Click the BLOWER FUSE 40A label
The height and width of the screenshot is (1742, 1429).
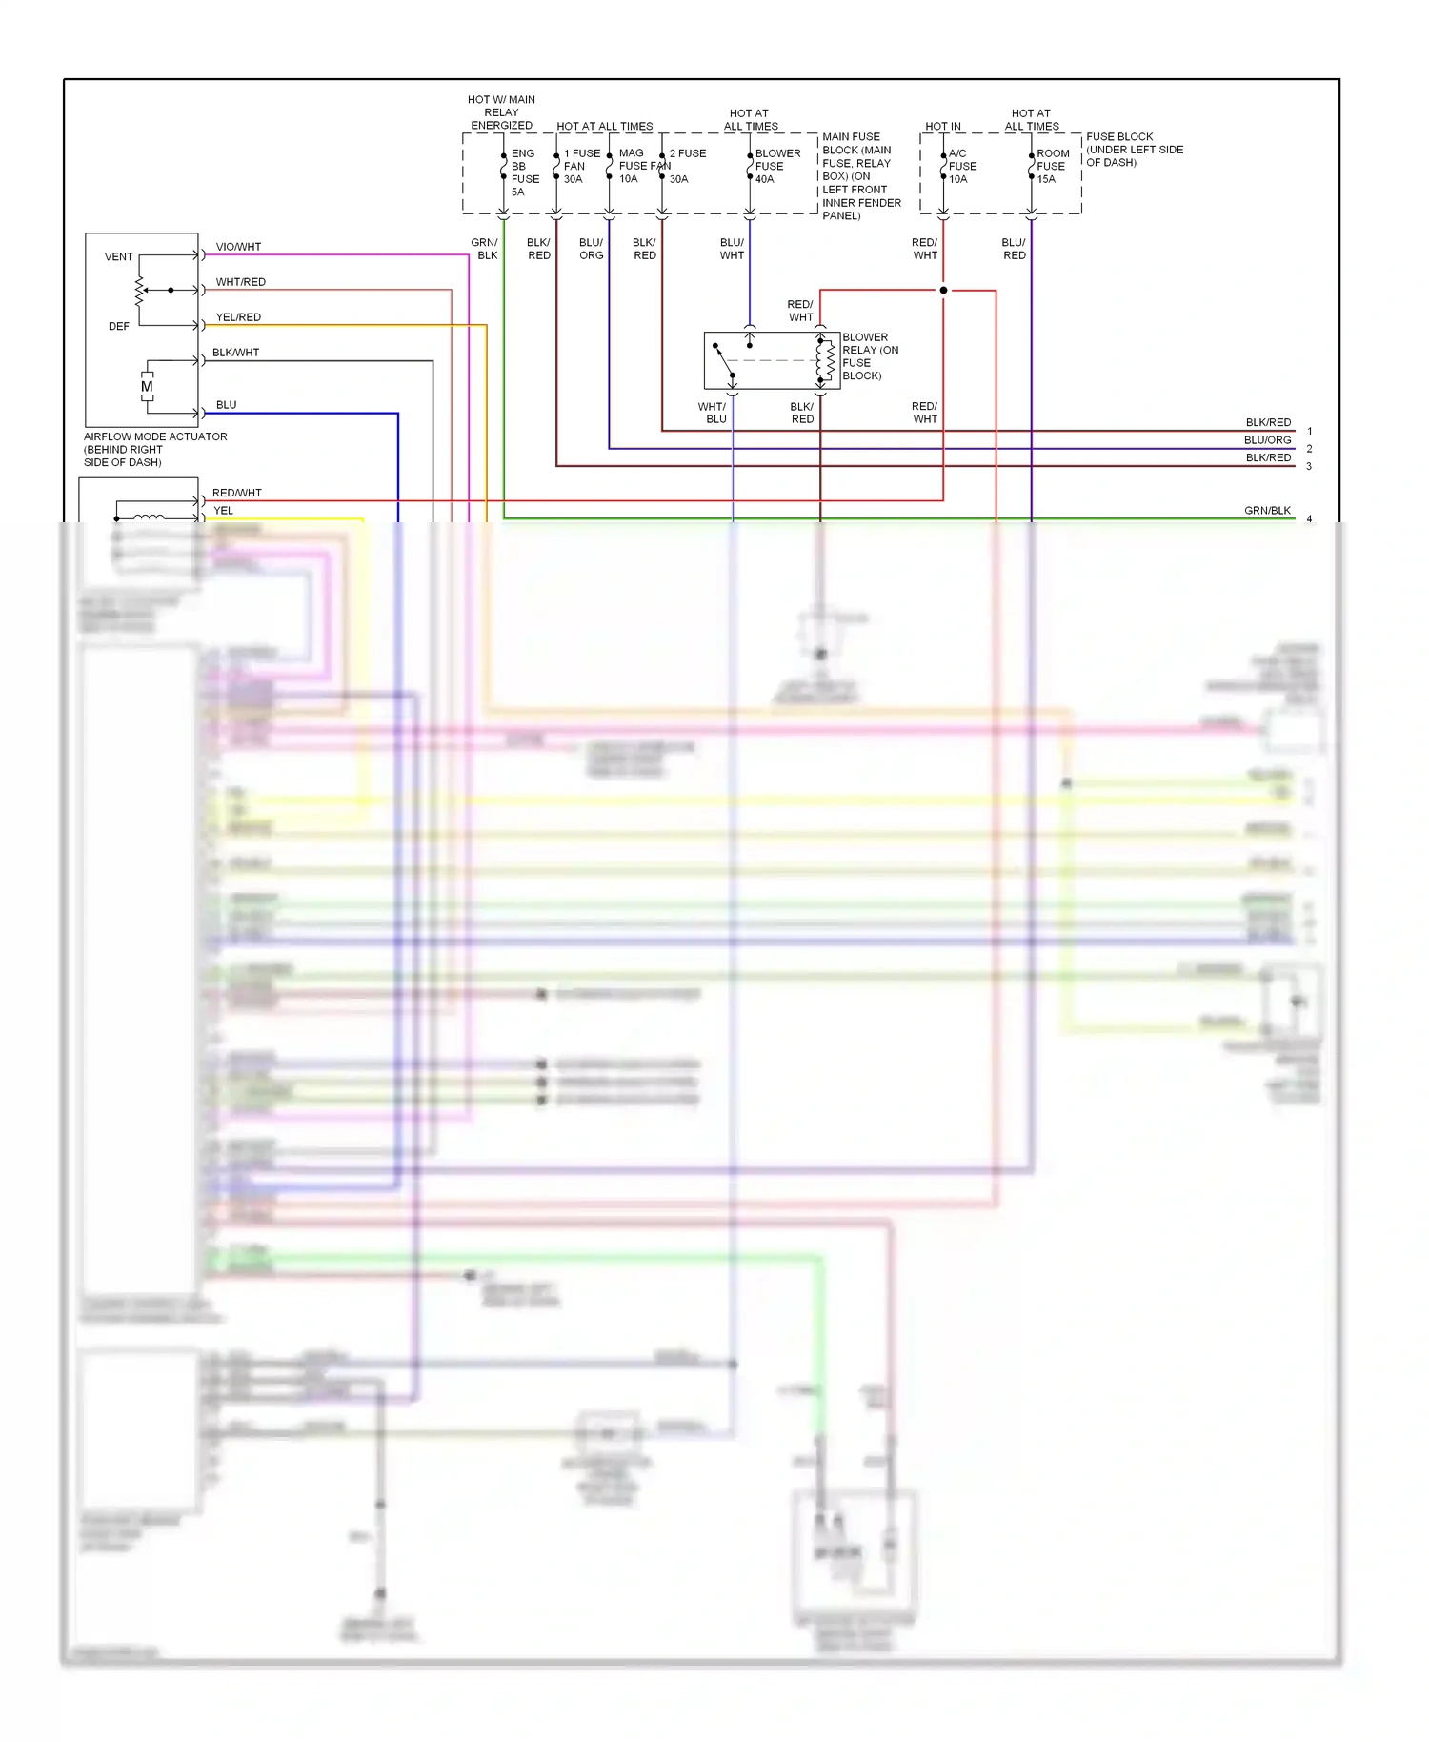click(775, 166)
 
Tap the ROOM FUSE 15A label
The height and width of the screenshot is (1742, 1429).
click(1052, 166)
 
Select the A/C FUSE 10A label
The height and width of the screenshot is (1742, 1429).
click(961, 166)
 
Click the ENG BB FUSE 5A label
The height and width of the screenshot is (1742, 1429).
click(524, 172)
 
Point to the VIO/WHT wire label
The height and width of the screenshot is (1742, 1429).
click(238, 247)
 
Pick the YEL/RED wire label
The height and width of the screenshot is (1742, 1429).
click(238, 317)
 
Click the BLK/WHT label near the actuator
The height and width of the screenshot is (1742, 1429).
click(235, 353)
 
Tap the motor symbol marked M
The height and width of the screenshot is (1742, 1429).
click(147, 387)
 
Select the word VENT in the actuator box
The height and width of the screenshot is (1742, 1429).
click(119, 257)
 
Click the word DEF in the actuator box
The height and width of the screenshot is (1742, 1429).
click(119, 327)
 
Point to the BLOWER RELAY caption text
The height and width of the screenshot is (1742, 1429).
click(869, 356)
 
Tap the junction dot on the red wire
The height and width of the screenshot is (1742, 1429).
click(943, 290)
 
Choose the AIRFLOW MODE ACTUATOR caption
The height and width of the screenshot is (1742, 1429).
click(154, 449)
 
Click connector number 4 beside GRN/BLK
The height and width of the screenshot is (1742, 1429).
click(1309, 519)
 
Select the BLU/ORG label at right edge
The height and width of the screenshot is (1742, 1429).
click(1267, 440)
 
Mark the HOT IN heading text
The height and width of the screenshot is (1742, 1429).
click(943, 127)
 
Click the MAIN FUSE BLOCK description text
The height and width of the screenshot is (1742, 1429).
click(860, 176)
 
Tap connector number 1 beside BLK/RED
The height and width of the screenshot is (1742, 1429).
click(1309, 432)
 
